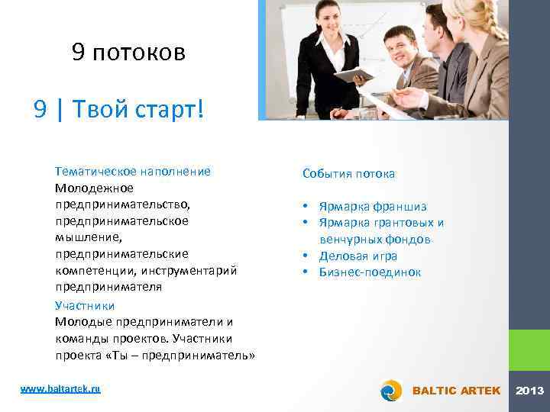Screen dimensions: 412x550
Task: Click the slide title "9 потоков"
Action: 128,52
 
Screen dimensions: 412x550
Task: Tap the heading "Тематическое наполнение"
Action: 132,172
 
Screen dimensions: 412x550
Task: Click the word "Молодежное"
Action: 94,188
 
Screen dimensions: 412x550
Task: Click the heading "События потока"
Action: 348,174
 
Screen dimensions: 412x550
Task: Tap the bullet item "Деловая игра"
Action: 357,256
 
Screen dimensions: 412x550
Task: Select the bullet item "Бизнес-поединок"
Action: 370,272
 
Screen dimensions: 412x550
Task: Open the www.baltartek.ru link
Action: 60,389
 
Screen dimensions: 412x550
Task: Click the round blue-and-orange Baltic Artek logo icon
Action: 391,390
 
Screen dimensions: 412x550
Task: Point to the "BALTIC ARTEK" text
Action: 456,391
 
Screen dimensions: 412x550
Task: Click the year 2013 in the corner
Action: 530,391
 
